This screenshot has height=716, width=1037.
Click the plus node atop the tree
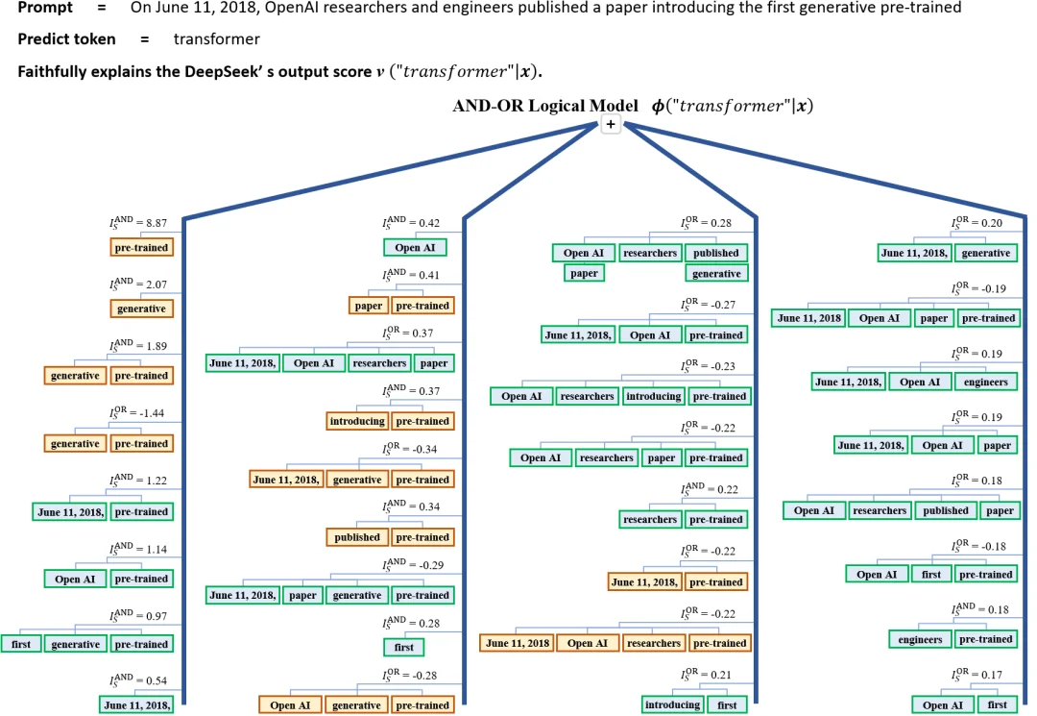point(611,124)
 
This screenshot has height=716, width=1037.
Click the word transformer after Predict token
point(216,39)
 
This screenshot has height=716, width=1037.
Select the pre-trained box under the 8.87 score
point(141,248)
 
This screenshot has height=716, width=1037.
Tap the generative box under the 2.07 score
point(141,309)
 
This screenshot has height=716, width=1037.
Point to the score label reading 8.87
point(138,222)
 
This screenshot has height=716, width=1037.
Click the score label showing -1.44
point(137,412)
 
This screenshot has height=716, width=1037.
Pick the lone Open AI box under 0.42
point(415,248)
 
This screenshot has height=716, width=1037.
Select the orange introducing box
point(357,421)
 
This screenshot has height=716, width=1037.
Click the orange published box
point(357,537)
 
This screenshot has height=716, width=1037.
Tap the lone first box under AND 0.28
point(404,647)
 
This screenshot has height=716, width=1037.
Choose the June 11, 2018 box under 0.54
point(137,705)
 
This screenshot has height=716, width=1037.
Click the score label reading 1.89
point(138,345)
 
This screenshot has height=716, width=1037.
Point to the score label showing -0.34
point(409,449)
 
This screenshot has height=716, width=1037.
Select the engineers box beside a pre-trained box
point(920,639)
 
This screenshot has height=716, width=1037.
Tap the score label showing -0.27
point(709,305)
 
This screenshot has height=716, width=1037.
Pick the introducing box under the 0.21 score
point(672,704)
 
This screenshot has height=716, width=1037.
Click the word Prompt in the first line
point(45,8)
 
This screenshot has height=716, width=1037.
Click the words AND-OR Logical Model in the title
point(545,106)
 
